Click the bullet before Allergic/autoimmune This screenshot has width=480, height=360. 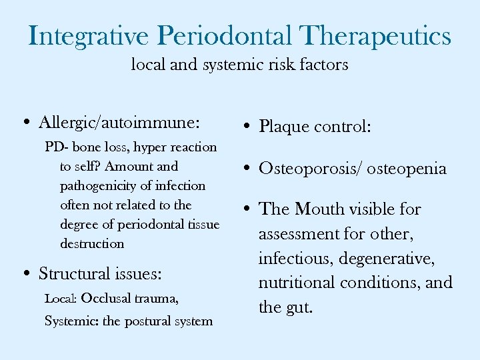[x=25, y=123]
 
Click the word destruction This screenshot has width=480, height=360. [x=92, y=243]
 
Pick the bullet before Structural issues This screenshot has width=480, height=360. [x=25, y=274]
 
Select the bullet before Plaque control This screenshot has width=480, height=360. [x=246, y=127]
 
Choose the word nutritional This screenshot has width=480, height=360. [x=297, y=283]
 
